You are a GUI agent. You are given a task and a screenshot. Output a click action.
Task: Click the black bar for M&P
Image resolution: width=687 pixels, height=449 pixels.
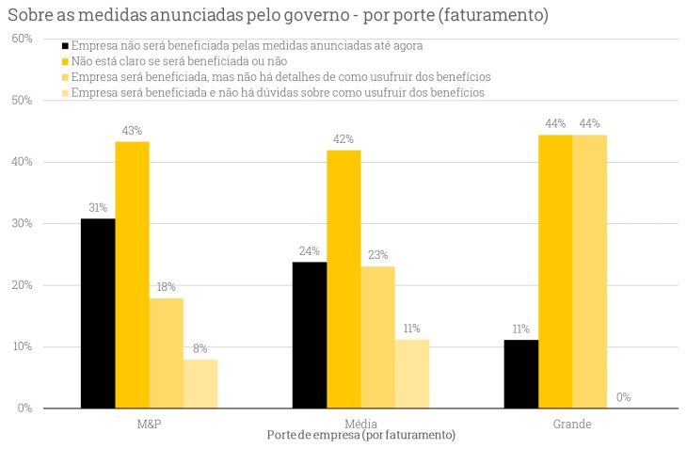tap(98, 313)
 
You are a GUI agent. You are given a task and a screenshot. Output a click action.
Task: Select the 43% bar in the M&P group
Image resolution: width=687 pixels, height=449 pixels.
tap(132, 275)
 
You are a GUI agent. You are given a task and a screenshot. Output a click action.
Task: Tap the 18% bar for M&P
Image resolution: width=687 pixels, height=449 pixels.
tap(166, 353)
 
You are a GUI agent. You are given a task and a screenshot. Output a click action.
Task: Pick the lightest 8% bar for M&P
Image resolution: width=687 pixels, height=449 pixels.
tap(200, 383)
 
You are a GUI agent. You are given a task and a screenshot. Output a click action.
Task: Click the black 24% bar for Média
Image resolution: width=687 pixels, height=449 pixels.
tap(310, 334)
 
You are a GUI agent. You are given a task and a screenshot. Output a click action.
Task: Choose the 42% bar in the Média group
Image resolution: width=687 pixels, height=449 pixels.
tap(343, 279)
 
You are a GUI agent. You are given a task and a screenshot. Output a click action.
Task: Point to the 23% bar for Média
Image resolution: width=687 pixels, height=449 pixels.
tap(377, 337)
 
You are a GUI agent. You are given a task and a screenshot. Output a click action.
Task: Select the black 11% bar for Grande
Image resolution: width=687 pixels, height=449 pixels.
tap(521, 374)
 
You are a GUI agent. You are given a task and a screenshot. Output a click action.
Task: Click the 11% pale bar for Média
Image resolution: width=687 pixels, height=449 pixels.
tap(411, 374)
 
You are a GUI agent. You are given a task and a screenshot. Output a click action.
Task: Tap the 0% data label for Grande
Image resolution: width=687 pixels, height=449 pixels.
tap(623, 397)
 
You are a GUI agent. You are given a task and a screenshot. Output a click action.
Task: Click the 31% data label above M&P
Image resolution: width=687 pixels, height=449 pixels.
tap(98, 208)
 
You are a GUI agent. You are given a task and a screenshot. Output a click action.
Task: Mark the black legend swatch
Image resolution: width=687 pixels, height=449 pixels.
tap(65, 45)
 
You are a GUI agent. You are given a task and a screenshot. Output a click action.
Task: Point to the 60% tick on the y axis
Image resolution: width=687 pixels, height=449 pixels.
tap(23, 39)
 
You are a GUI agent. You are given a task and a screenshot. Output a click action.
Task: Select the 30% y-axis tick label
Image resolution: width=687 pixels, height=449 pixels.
tap(23, 224)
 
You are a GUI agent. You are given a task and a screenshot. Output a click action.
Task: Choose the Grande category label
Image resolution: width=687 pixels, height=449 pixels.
tap(572, 424)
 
